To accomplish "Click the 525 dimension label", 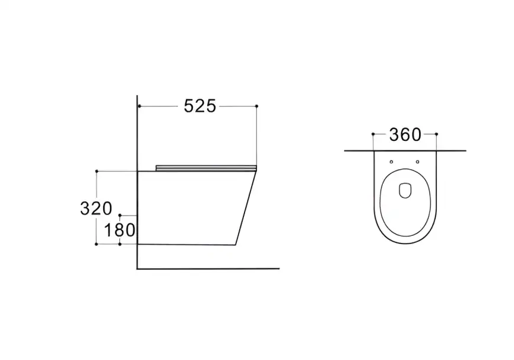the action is [x=200, y=106].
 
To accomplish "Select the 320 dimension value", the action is [x=96, y=209].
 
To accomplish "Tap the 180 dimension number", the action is [x=120, y=230].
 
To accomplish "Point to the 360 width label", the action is [x=405, y=134].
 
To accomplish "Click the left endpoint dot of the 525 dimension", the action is [x=139, y=106].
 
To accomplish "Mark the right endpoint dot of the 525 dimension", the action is [x=256, y=106].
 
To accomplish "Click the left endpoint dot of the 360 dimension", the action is [x=373, y=134].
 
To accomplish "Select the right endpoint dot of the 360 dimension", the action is [x=436, y=134].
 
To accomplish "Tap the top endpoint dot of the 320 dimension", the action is [x=96, y=171].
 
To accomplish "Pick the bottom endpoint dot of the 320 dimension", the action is [x=96, y=244].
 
